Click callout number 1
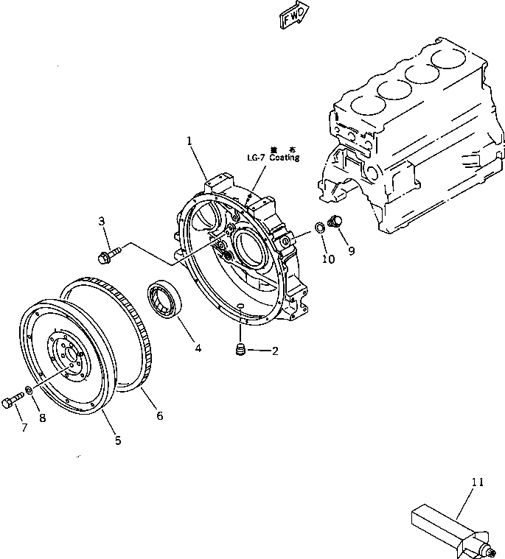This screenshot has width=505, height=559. (x=189, y=140)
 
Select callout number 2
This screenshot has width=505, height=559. (x=276, y=351)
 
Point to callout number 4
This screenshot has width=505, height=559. (x=198, y=347)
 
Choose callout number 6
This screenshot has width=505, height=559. (x=159, y=415)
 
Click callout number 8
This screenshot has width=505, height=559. (x=42, y=418)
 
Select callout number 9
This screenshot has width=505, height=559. (x=352, y=250)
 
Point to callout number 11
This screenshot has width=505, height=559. (x=478, y=482)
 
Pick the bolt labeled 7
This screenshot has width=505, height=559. (x=10, y=401)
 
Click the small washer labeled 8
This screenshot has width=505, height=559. (x=28, y=390)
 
